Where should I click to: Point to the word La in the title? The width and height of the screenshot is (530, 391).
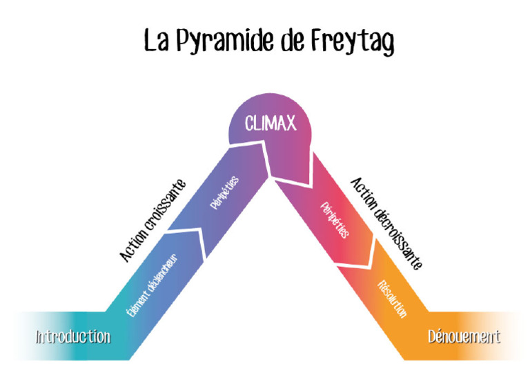157,40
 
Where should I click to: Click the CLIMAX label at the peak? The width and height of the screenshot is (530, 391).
271,123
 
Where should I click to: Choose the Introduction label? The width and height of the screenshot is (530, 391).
73,337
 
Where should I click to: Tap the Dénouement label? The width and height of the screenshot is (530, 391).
464,337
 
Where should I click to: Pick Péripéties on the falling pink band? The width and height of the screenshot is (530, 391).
336,219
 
